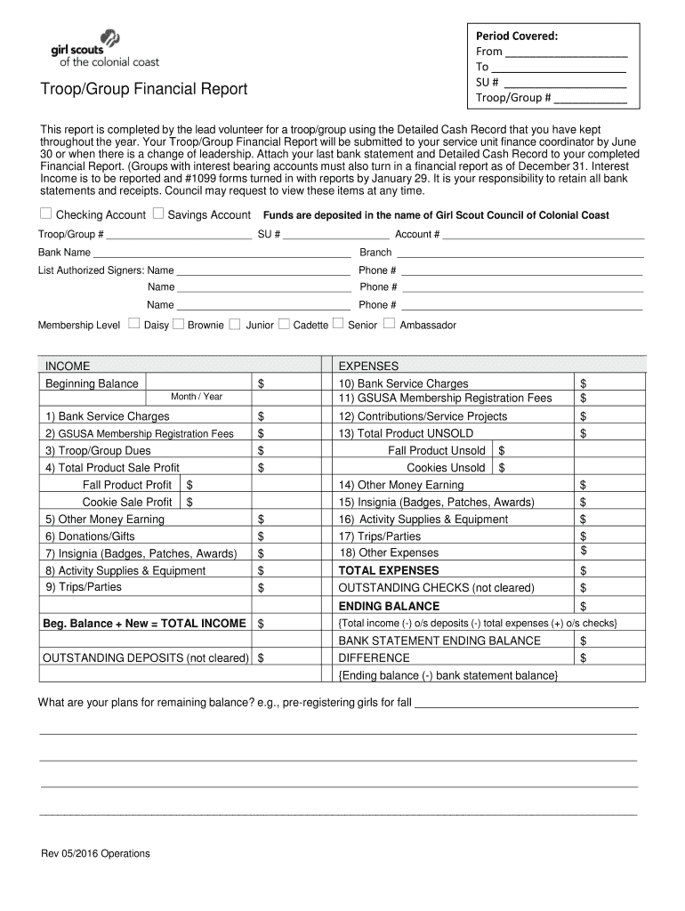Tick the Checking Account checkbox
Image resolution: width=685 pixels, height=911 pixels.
45,214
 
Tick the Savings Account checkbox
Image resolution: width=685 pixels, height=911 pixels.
158,214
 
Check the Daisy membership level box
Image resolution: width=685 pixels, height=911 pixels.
134,324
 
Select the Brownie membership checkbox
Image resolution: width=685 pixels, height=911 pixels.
178,324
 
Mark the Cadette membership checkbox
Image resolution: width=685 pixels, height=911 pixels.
284,324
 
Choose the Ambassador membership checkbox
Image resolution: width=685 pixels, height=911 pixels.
389,324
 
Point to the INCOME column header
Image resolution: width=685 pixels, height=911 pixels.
68,366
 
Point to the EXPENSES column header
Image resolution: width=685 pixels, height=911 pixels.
368,366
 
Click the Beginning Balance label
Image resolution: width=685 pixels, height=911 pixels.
92,383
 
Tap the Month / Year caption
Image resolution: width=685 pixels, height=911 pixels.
197,397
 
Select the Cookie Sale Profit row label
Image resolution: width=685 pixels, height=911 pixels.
127,502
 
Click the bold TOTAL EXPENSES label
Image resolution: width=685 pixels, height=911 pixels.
388,570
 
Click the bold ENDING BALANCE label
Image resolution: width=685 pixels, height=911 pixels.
389,606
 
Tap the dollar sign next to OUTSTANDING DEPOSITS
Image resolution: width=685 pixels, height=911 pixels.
261,658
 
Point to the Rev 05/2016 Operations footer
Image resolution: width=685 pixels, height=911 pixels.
95,854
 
